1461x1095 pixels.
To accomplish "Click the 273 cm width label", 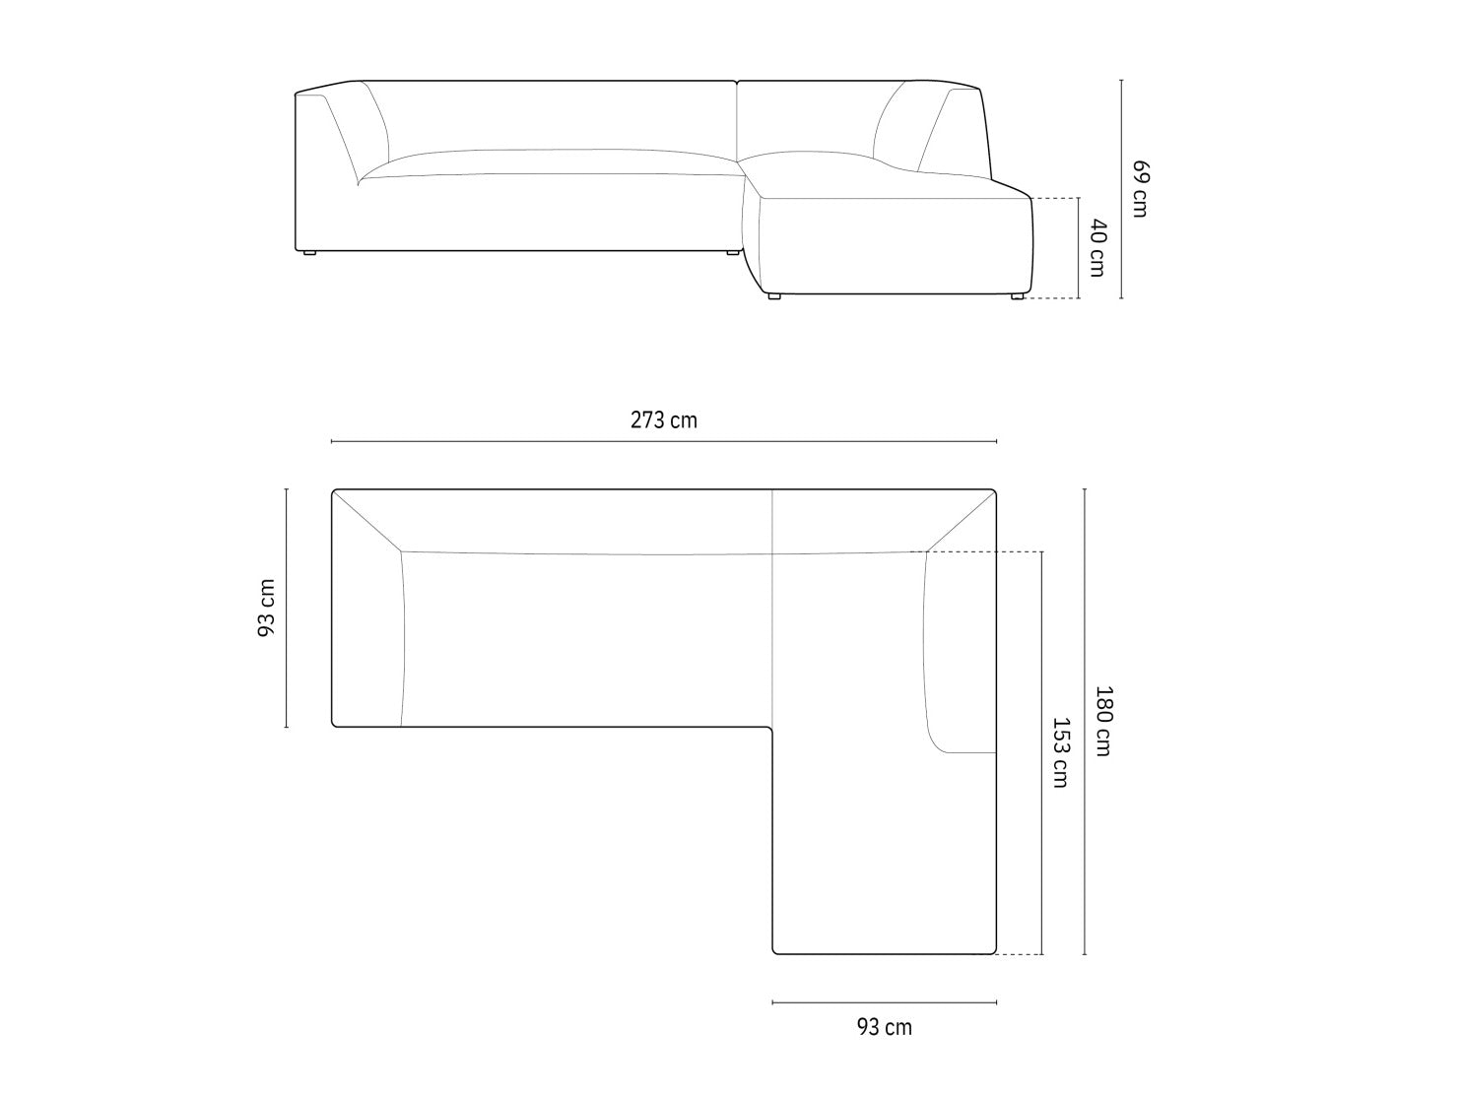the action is coord(664,420).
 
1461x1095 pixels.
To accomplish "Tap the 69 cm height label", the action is coord(1140,189).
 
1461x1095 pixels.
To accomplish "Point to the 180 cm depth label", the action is coord(1103,721).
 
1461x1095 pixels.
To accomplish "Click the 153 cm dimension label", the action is coord(1060,752).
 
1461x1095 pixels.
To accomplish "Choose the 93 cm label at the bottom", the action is coord(884,1026).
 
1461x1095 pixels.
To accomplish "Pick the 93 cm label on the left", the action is coord(266,608).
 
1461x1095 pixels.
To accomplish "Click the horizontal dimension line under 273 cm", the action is coord(664,441).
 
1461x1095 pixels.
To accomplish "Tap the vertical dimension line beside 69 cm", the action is coord(1121,189).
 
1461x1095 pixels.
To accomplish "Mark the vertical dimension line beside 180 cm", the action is coord(1085,722).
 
